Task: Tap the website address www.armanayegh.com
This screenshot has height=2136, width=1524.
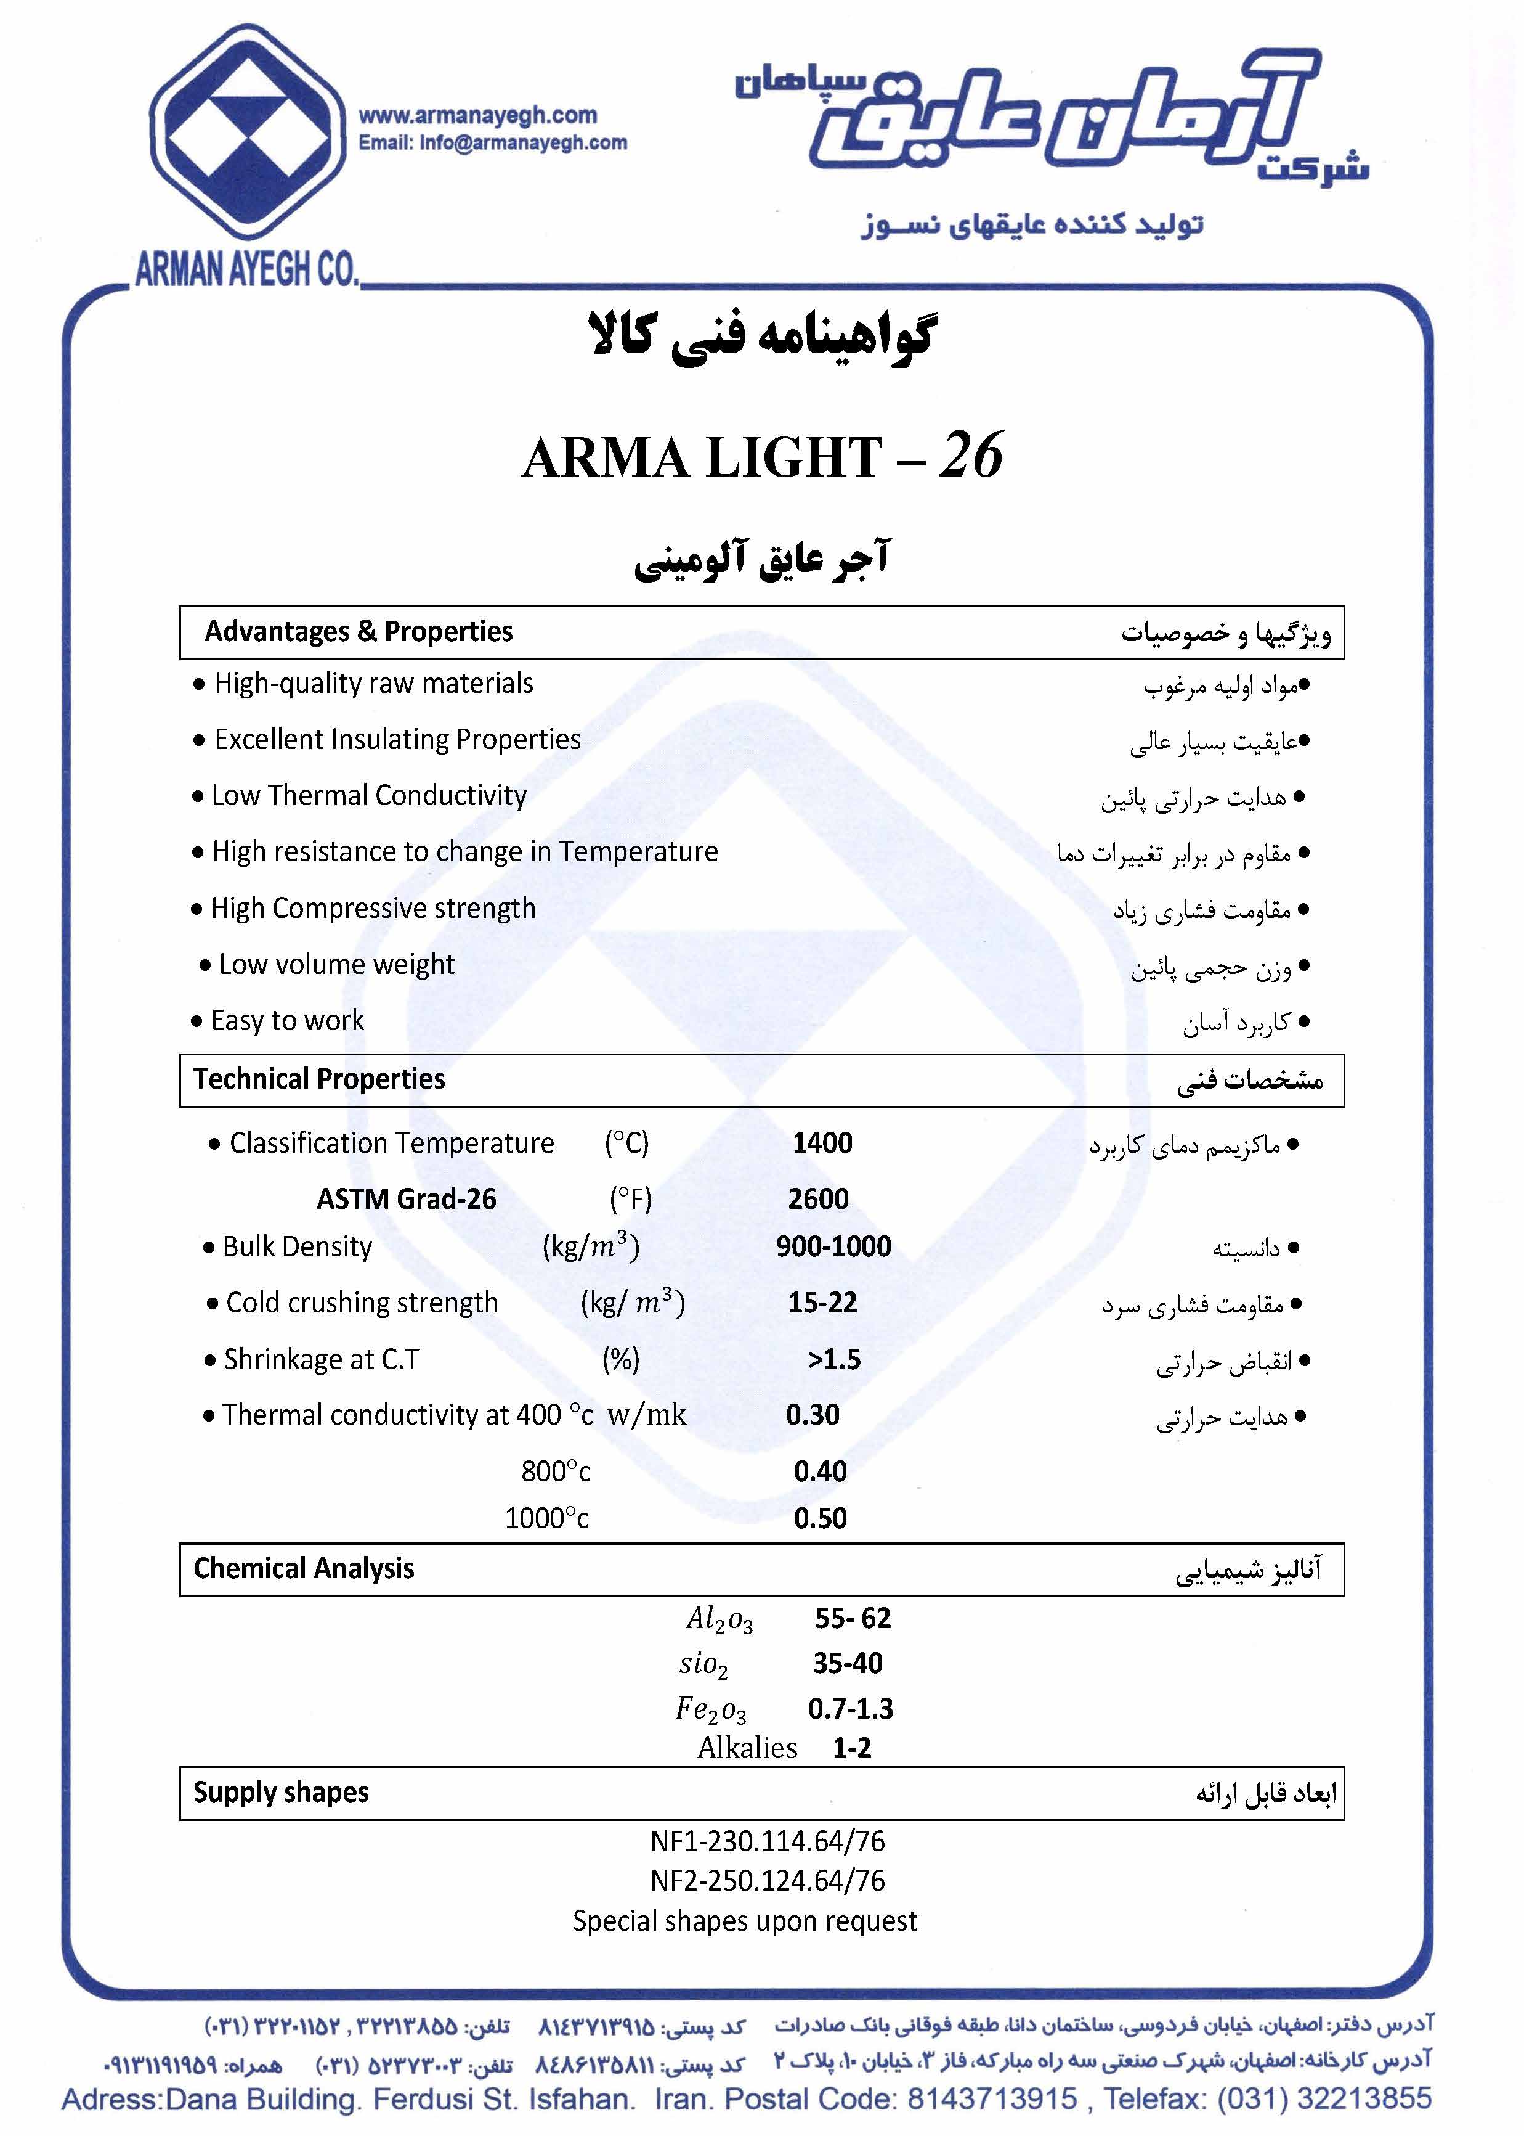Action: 477,115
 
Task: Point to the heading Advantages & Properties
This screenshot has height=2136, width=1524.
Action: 359,632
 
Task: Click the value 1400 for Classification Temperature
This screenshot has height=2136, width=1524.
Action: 822,1144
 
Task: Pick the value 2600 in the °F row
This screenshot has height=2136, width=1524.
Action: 818,1199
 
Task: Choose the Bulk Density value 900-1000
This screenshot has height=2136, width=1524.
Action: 833,1247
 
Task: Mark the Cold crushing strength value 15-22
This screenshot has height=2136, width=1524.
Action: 822,1303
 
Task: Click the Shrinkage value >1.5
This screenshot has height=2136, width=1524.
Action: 834,1359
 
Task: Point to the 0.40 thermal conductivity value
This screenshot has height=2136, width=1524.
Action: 820,1471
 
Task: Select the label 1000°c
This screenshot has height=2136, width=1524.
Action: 547,1518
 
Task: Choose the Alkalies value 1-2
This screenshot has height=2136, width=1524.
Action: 852,1748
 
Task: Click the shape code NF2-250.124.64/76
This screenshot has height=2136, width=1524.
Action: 768,1881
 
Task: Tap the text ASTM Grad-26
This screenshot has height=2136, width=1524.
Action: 407,1199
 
